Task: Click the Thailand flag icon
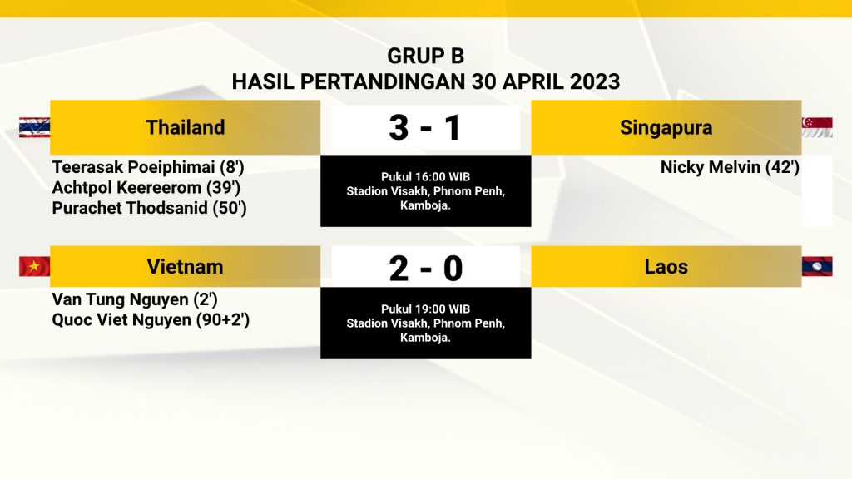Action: pyautogui.click(x=34, y=127)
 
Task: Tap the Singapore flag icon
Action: pyautogui.click(x=817, y=127)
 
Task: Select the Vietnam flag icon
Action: pyautogui.click(x=34, y=267)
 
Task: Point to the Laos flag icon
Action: pyautogui.click(x=817, y=267)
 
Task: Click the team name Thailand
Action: pyautogui.click(x=186, y=127)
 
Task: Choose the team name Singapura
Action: pyautogui.click(x=666, y=128)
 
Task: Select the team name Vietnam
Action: pyautogui.click(x=186, y=267)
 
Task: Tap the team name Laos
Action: pyautogui.click(x=666, y=267)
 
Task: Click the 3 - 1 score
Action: pyautogui.click(x=425, y=128)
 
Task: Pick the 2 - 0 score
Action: pyautogui.click(x=425, y=269)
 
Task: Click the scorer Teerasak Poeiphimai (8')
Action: pyautogui.click(x=148, y=167)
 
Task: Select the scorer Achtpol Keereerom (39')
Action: pyautogui.click(x=146, y=188)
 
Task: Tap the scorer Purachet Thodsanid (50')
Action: pyautogui.click(x=150, y=209)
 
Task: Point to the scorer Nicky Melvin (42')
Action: pyautogui.click(x=730, y=167)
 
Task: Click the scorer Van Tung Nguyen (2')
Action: pyautogui.click(x=135, y=299)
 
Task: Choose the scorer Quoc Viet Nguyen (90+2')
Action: pyautogui.click(x=151, y=320)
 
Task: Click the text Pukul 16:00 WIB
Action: pyautogui.click(x=425, y=177)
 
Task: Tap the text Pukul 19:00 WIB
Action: pyautogui.click(x=425, y=309)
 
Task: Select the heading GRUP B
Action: pyautogui.click(x=425, y=56)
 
